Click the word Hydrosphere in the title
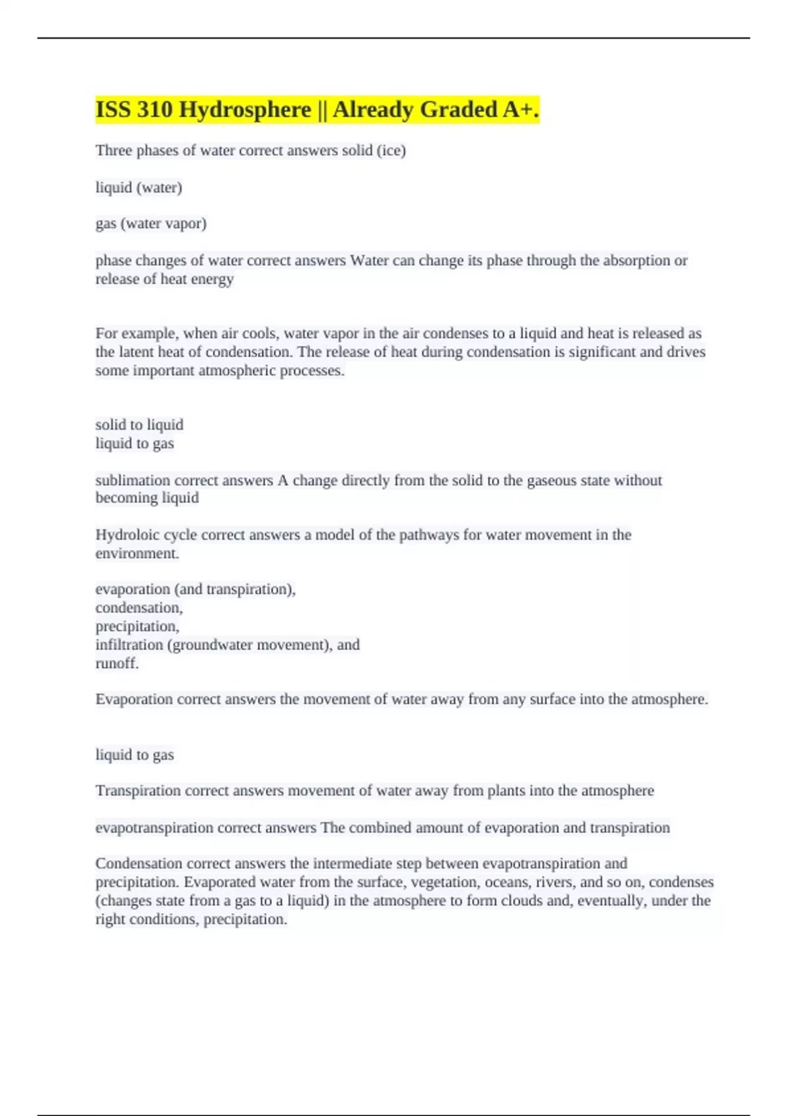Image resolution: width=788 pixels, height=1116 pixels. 244,110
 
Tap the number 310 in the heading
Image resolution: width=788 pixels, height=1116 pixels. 154,110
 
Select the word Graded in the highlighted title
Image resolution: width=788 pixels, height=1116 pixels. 458,110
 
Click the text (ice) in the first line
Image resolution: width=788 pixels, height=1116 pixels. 391,150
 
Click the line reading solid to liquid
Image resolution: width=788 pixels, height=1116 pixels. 139,425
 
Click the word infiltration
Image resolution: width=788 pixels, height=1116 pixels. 129,645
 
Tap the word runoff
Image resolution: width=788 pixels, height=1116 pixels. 117,663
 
